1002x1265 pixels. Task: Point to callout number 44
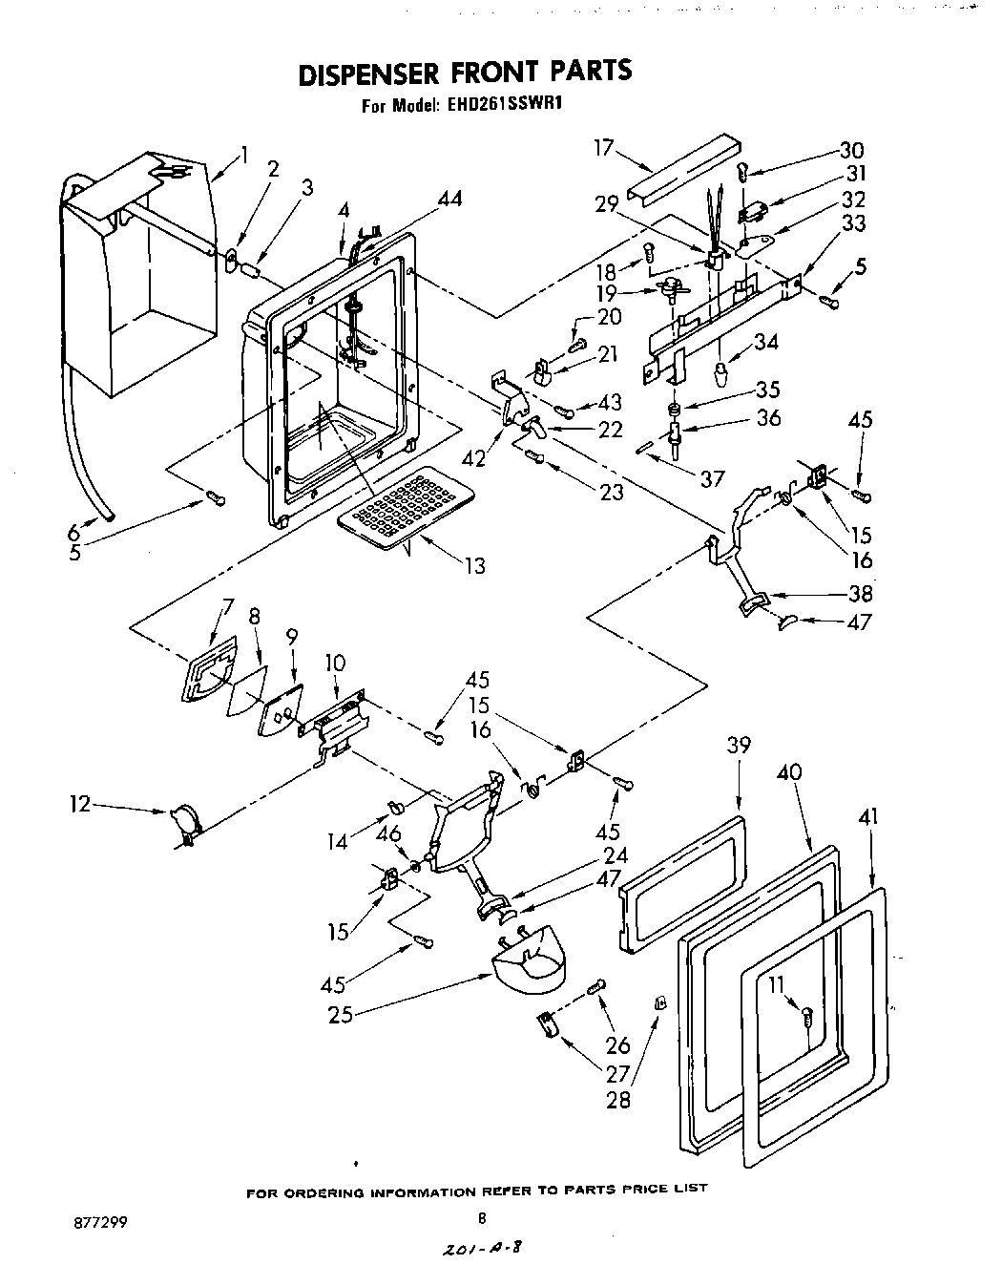click(449, 199)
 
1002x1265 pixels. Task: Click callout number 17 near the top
click(602, 149)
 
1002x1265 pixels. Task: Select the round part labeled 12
click(184, 821)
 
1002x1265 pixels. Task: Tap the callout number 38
click(860, 593)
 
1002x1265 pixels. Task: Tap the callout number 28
click(618, 1100)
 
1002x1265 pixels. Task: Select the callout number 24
click(615, 854)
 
